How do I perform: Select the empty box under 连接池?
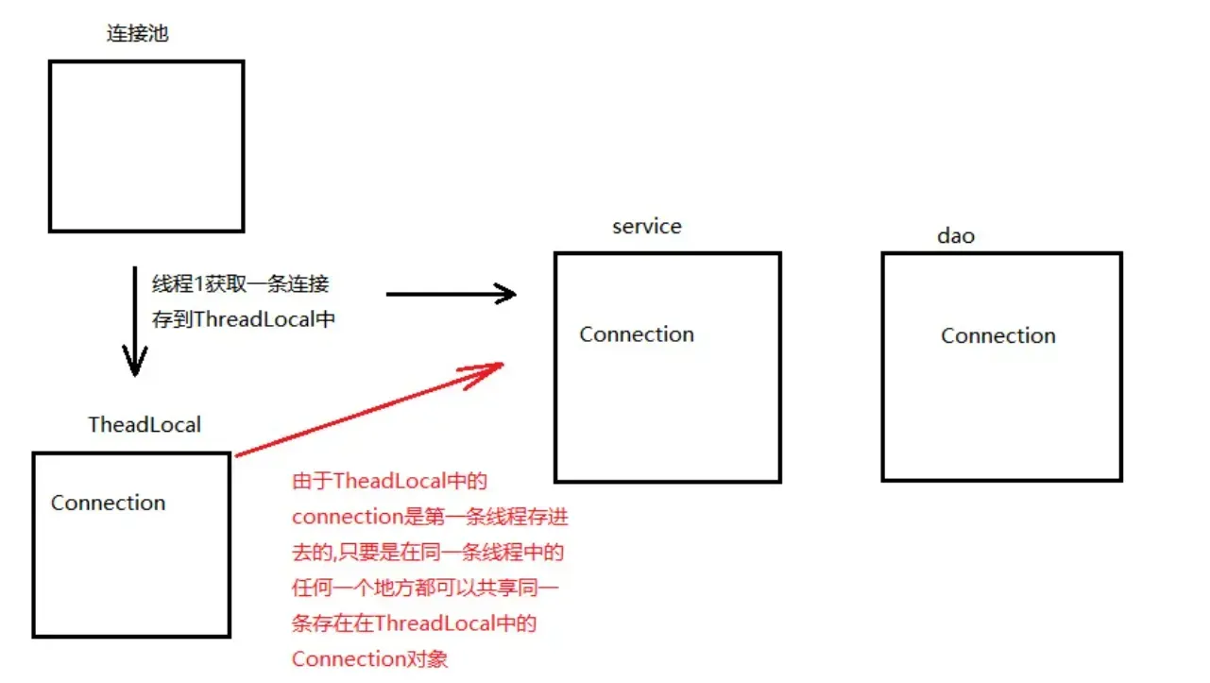(x=146, y=146)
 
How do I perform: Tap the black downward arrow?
(x=135, y=321)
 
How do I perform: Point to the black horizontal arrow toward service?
(x=451, y=294)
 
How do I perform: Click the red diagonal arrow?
(x=368, y=410)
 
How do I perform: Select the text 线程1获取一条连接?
(x=241, y=283)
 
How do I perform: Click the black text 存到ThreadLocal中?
(x=244, y=319)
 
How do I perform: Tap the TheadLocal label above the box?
(x=145, y=424)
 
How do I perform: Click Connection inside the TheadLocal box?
(x=108, y=503)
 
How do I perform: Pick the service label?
(x=646, y=227)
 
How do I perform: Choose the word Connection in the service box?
(x=637, y=334)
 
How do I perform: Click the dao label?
(x=955, y=236)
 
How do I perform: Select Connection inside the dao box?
(x=998, y=336)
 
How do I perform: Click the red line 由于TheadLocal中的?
(x=389, y=482)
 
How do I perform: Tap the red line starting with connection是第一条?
(x=430, y=517)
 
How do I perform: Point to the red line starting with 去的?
(x=428, y=553)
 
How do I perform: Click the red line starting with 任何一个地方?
(x=425, y=588)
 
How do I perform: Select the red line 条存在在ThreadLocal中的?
(x=415, y=623)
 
